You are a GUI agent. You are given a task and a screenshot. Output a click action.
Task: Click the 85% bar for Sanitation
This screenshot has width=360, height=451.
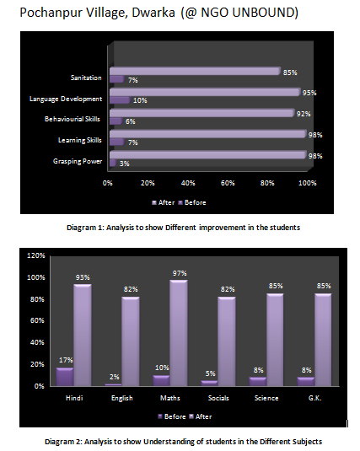tap(195, 71)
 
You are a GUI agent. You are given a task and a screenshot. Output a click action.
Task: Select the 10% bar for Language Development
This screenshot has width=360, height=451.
tap(120, 100)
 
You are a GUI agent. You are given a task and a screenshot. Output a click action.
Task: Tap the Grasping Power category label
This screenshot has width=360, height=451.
tap(78, 161)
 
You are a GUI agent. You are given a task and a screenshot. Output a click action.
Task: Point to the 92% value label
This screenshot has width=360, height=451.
tap(304, 114)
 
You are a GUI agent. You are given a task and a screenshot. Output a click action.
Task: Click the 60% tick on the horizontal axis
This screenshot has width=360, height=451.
tap(228, 183)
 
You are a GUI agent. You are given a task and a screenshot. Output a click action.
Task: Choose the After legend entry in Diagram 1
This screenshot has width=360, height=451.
tap(164, 202)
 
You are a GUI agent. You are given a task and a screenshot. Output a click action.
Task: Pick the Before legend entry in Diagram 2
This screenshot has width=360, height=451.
tap(172, 416)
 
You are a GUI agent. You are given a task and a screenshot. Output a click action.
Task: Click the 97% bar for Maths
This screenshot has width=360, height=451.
tap(179, 333)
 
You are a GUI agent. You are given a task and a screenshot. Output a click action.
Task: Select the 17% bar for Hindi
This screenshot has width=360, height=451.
tap(65, 377)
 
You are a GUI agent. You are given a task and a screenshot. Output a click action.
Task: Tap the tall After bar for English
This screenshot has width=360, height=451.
tap(131, 341)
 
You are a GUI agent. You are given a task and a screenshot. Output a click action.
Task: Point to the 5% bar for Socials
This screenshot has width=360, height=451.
tap(209, 383)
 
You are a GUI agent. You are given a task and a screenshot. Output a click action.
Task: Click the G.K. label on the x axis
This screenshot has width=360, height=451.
tap(314, 398)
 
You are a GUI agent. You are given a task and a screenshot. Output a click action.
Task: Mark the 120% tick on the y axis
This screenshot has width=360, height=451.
tap(36, 255)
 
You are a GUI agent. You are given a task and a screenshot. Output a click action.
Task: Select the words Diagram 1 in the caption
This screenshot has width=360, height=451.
tap(84, 228)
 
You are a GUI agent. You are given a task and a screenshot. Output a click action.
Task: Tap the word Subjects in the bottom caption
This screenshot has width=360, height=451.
tap(308, 442)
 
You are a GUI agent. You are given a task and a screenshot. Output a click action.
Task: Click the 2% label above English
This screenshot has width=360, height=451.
tap(115, 377)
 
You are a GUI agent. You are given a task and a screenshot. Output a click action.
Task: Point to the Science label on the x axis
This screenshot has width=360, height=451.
tap(266, 398)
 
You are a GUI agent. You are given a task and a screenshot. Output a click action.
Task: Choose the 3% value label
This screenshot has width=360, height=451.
tap(124, 164)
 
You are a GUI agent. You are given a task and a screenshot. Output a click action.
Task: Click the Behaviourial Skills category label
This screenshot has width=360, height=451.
tap(73, 119)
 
